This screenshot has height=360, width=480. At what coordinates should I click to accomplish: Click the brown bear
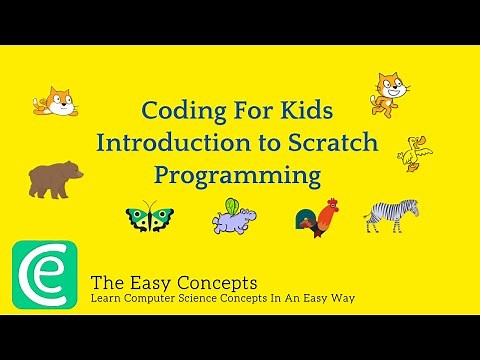(x=55, y=179)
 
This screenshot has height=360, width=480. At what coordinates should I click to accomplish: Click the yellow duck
(x=413, y=153)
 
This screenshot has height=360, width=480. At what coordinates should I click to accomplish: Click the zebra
(x=390, y=214)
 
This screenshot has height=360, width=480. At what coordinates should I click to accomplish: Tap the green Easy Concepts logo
(x=44, y=274)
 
